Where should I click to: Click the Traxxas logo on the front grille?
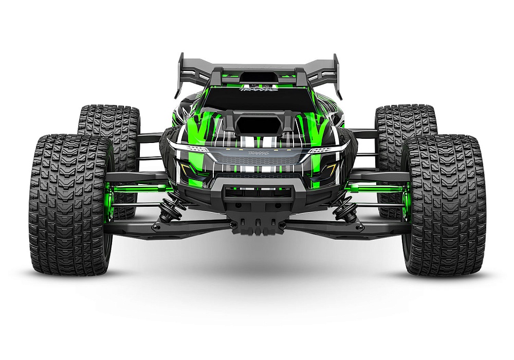(257, 153)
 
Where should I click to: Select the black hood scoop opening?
(256, 123)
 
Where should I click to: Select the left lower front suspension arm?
(170, 226)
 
